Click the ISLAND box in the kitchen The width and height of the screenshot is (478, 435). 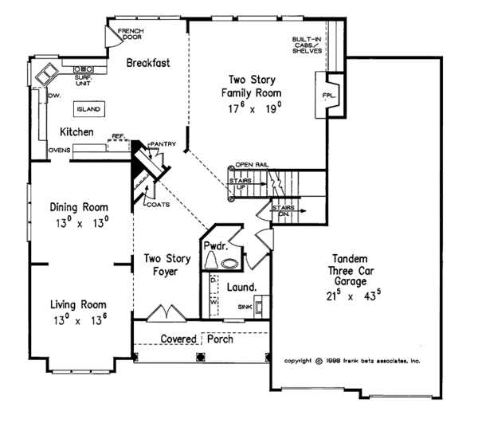click(x=89, y=109)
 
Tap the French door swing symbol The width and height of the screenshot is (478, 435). click(x=113, y=37)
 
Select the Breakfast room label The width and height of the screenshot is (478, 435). click(x=148, y=63)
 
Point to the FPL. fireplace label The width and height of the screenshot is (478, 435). click(x=329, y=96)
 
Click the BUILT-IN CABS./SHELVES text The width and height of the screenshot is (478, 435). click(x=307, y=45)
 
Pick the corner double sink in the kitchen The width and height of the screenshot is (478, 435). click(x=47, y=74)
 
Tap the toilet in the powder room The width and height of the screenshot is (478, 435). click(x=210, y=261)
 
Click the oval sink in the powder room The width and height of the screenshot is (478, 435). click(x=230, y=264)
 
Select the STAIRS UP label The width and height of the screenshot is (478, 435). click(x=241, y=183)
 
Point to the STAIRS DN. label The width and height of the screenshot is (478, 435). click(x=284, y=210)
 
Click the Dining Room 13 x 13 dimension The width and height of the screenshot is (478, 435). click(x=82, y=223)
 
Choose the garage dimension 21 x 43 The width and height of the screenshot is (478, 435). click(x=354, y=295)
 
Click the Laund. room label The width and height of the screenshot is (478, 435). click(x=241, y=287)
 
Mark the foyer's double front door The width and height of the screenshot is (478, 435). click(x=167, y=312)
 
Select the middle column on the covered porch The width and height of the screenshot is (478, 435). click(x=200, y=357)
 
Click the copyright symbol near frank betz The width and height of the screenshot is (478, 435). click(x=319, y=361)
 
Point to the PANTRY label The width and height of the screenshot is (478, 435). click(x=163, y=144)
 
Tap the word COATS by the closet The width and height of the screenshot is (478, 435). click(x=159, y=205)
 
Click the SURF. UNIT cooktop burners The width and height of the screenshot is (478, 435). click(x=83, y=69)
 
